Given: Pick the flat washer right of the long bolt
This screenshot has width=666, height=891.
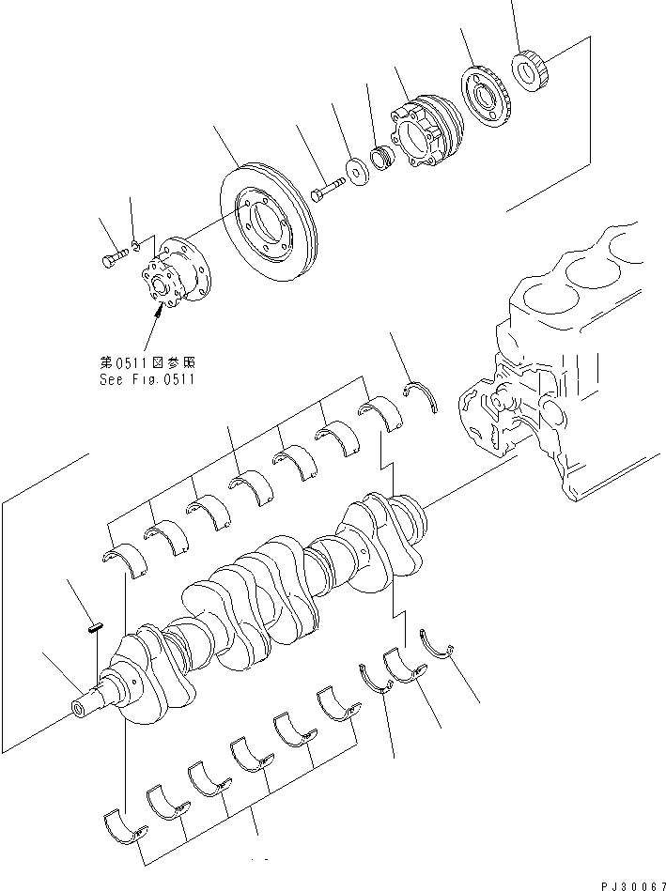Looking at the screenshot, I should click(358, 172).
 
